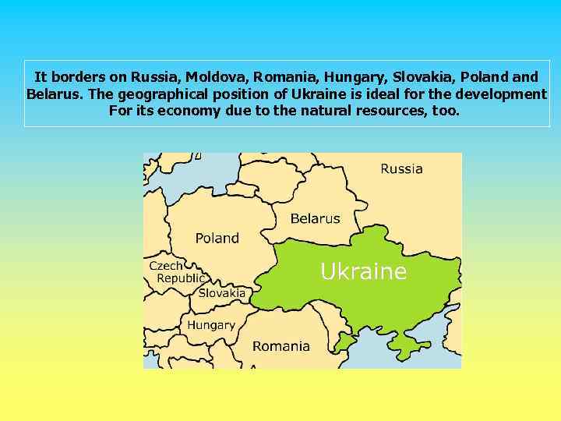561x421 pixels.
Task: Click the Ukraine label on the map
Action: pos(363,271)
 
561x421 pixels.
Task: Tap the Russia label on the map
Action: pos(401,168)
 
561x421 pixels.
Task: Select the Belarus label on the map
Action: pos(315,218)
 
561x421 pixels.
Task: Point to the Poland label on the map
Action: pos(217,238)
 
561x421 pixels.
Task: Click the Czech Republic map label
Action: pos(177,272)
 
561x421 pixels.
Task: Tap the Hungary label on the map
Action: pos(210,325)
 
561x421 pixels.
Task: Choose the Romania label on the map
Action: pos(280,346)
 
